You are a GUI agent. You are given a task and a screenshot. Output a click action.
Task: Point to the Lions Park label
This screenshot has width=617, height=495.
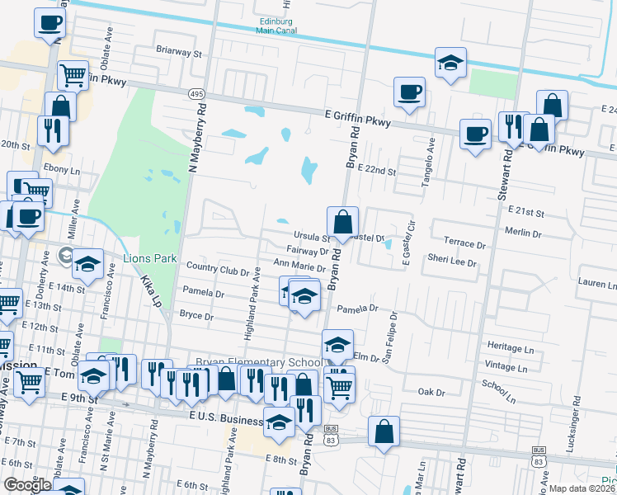(150, 258)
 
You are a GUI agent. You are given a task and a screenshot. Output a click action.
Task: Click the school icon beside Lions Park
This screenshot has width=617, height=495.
(87, 263)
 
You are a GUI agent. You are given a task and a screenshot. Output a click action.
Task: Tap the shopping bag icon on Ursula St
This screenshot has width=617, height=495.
(342, 222)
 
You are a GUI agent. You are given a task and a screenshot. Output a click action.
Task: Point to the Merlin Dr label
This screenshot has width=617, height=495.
(524, 234)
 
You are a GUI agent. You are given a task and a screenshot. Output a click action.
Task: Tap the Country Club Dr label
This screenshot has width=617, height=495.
(218, 269)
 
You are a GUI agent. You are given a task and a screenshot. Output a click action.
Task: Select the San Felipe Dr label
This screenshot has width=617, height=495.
(388, 338)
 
